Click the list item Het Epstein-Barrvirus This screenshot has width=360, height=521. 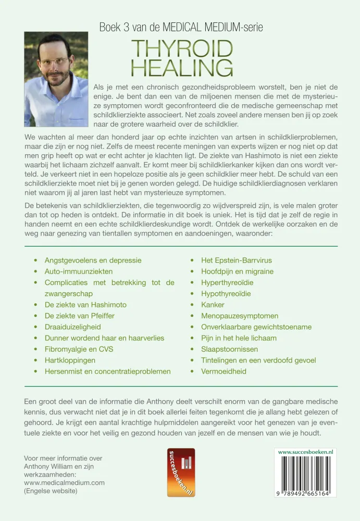pos(237,260)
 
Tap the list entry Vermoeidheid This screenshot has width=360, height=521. pos(224,371)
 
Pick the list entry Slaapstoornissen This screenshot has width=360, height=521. pos(227,349)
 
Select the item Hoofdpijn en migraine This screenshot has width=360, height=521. pos(237,271)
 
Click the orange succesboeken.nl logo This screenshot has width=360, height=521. pos(181,472)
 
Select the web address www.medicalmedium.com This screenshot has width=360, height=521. pos(64,482)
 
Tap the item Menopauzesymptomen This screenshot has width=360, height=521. pos(240,316)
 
